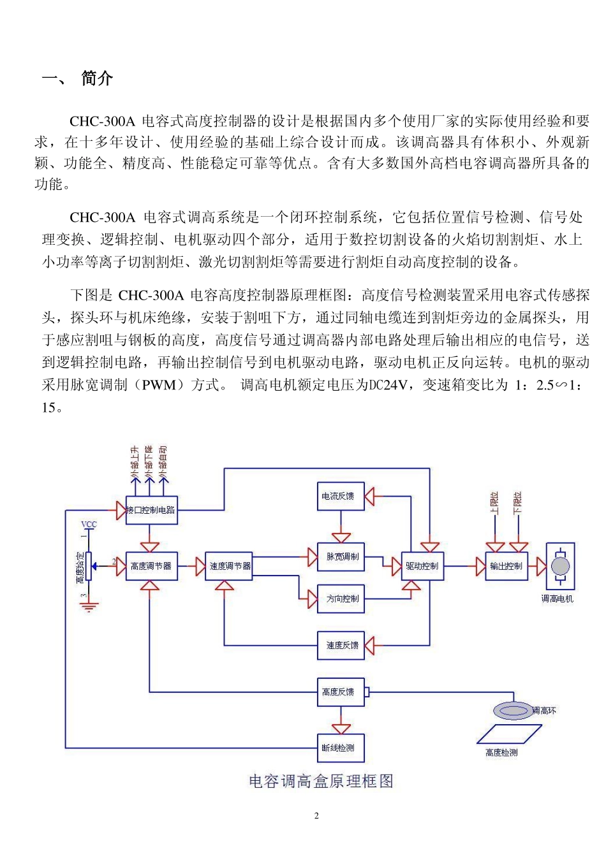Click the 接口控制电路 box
[151, 510]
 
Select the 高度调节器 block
[151, 566]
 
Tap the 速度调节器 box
[229, 566]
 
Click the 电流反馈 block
[341, 496]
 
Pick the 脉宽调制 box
[341, 556]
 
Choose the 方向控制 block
[341, 599]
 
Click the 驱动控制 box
[422, 566]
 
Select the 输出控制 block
[506, 566]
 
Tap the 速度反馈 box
[341, 645]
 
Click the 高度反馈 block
[341, 692]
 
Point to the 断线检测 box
[341, 748]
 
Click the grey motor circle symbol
[560, 566]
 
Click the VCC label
[89, 525]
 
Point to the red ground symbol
[89, 606]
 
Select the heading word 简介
[97, 78]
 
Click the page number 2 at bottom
[316, 815]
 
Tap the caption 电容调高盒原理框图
[321, 781]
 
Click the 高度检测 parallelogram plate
[509, 734]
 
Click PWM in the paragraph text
[159, 384]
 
